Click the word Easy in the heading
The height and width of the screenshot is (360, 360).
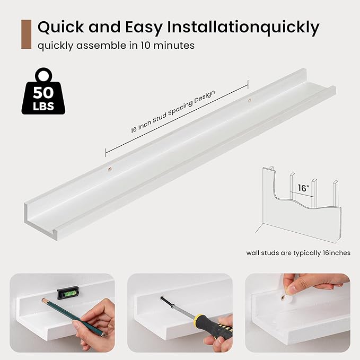pyautogui.click(x=144, y=27)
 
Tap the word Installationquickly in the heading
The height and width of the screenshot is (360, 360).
pyautogui.click(x=243, y=28)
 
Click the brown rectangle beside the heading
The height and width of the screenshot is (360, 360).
pyautogui.click(x=26, y=34)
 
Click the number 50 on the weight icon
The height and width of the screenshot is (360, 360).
pyautogui.click(x=43, y=92)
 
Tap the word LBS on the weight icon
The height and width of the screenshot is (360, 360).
pyautogui.click(x=43, y=106)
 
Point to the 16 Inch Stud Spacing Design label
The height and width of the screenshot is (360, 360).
pyautogui.click(x=173, y=111)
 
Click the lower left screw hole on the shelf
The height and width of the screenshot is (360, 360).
pyautogui.click(x=110, y=170)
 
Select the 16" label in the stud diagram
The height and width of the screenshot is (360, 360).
pyautogui.click(x=303, y=188)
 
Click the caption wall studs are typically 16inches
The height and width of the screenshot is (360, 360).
pyautogui.click(x=298, y=253)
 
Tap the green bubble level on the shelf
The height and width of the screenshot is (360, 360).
pyautogui.click(x=66, y=294)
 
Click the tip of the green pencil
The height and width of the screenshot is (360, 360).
pyautogui.click(x=43, y=300)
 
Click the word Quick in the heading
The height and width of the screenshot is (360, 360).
pyautogui.click(x=60, y=28)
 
